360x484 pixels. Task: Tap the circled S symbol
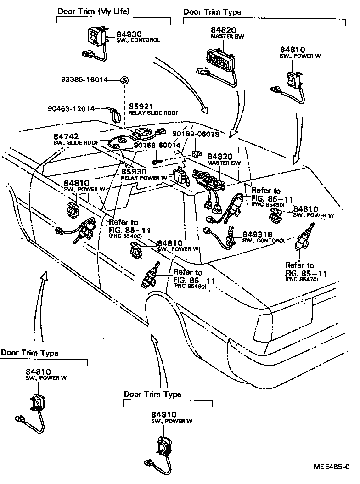pos(124,80)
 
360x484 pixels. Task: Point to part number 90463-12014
pos(71,109)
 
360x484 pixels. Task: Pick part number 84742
pos(66,137)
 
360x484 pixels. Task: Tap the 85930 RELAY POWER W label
pos(144,174)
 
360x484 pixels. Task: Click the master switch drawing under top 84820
pos(220,60)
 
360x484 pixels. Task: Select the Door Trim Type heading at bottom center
pos(152,394)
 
